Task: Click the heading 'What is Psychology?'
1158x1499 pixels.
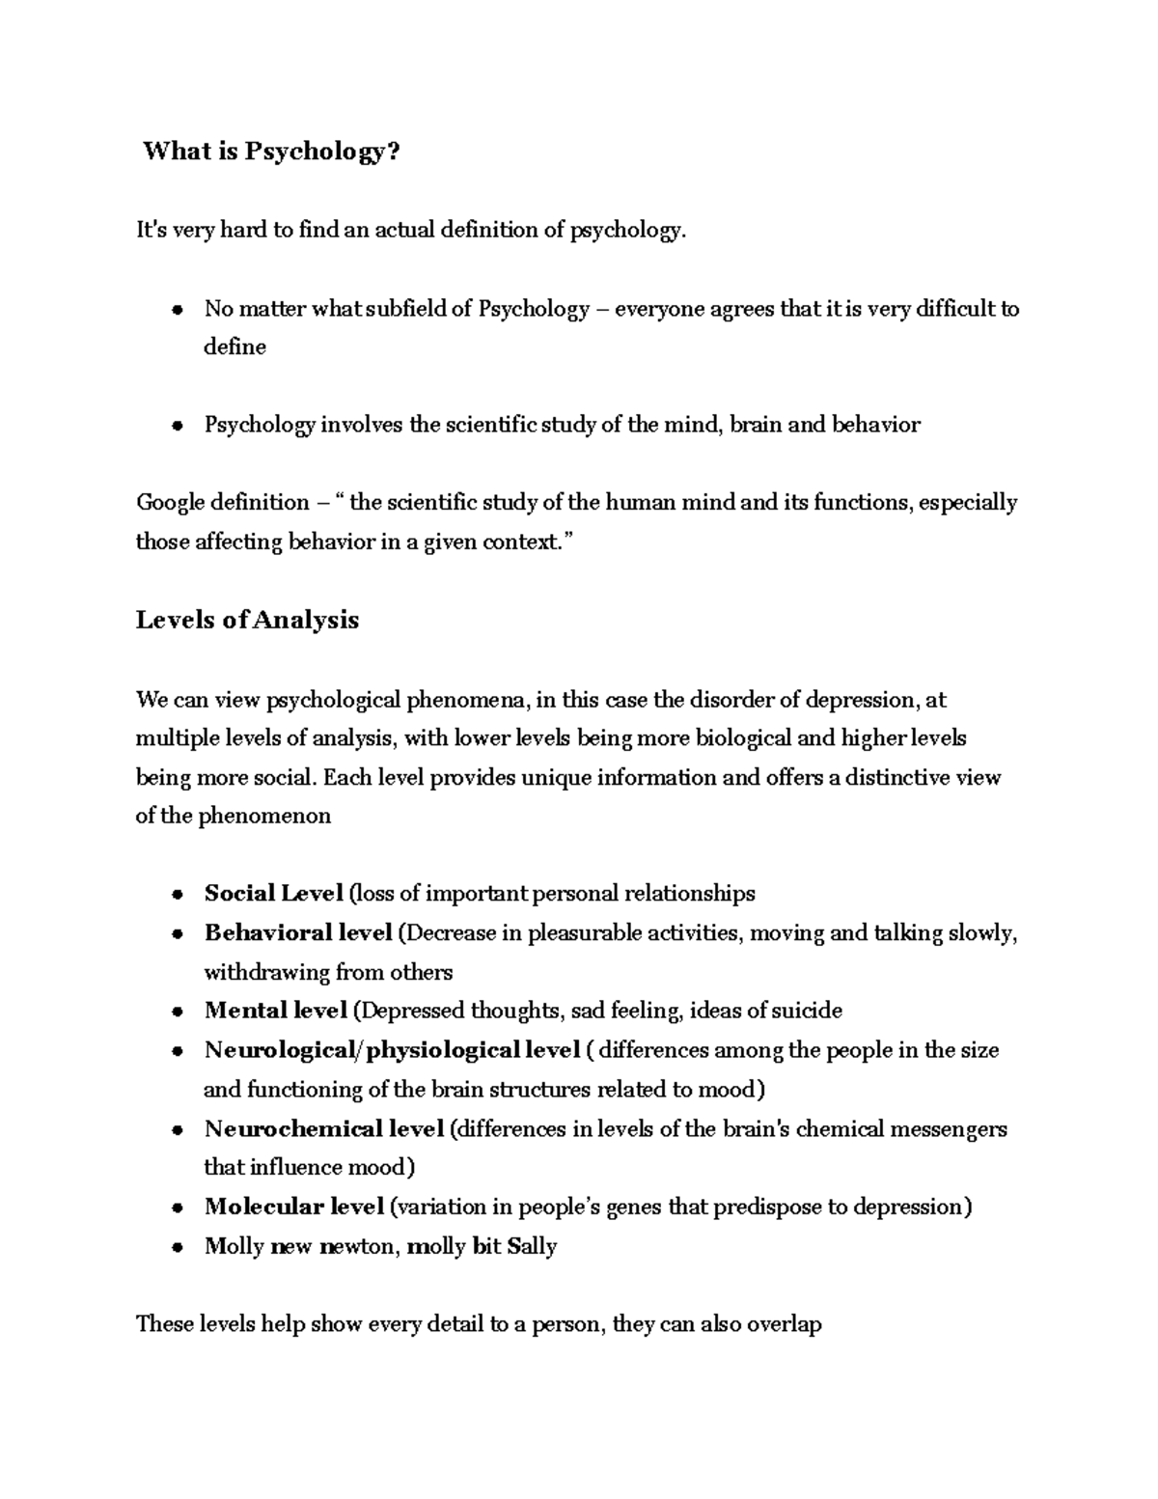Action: (x=270, y=152)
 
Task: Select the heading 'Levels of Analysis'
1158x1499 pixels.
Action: (x=247, y=620)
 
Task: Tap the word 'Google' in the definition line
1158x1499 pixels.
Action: (x=169, y=503)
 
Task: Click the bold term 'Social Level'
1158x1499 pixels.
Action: (x=273, y=894)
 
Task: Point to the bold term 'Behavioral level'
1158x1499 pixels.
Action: (x=297, y=933)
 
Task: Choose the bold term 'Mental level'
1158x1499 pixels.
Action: (x=275, y=1011)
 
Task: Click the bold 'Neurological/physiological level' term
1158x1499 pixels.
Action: (x=392, y=1050)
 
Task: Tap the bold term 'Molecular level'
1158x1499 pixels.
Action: (x=294, y=1207)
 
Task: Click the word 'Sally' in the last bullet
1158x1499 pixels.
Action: (x=532, y=1246)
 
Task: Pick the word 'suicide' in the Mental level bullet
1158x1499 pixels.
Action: (x=808, y=1011)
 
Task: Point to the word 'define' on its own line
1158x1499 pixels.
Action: (x=234, y=347)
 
